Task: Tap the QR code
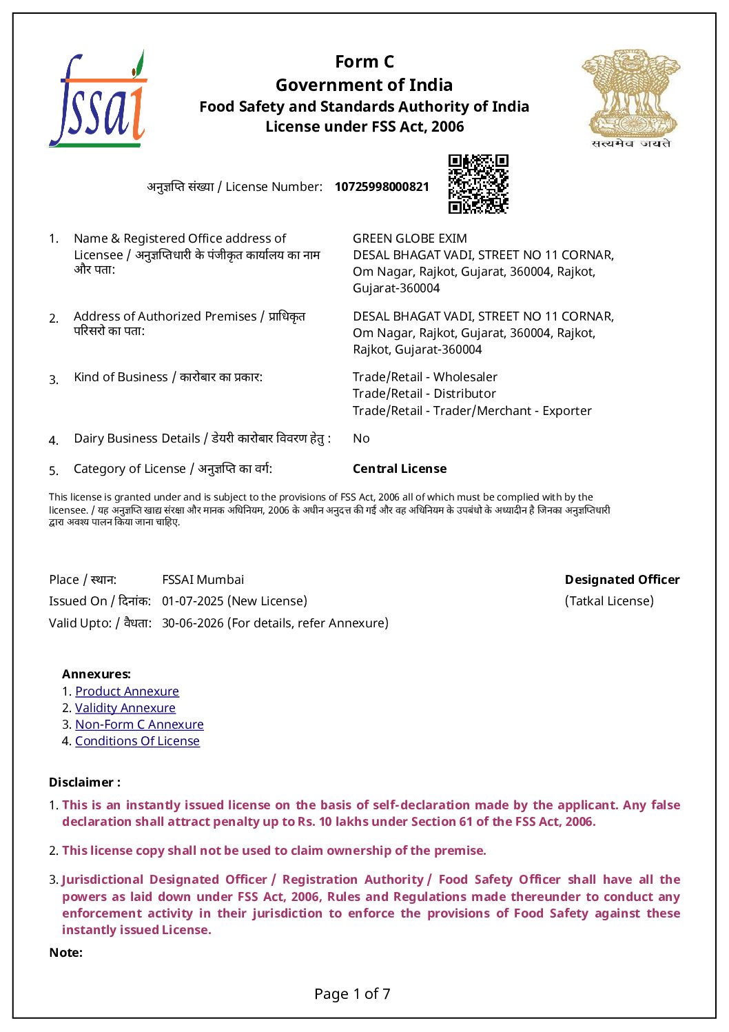pos(478,184)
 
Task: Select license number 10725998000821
pos(382,187)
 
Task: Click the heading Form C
pos(364,62)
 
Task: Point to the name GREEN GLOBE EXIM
pos(409,239)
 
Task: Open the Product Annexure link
pos(127,691)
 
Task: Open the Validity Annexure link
pos(125,708)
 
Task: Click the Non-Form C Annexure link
pos(139,725)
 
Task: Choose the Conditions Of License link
pos(137,741)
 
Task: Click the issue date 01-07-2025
pos(193,601)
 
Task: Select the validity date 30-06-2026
pos(193,623)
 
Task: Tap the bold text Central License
pos(400,469)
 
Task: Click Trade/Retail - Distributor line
pos(424,394)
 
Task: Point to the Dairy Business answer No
pos(361,438)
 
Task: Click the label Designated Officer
pos(622,580)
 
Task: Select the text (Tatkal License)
pos(609,601)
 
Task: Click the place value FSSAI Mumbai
pos(203,580)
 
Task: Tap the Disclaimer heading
pos(84,782)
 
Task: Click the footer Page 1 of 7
pos(352,994)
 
